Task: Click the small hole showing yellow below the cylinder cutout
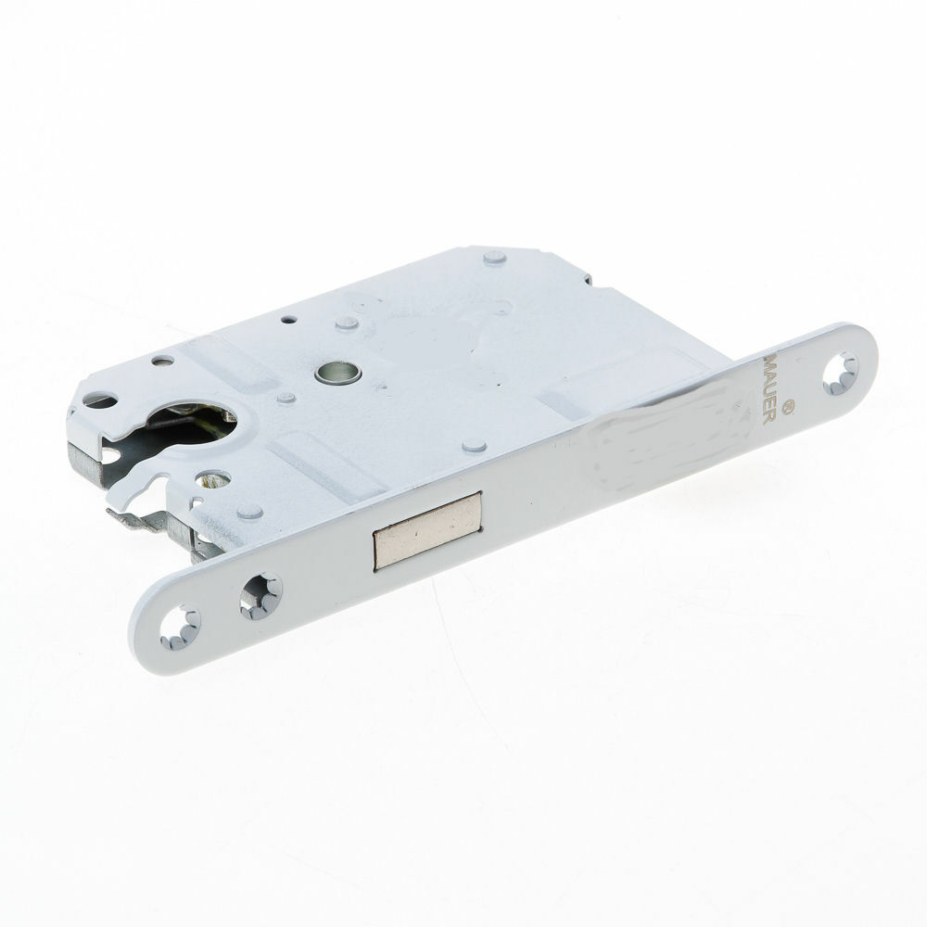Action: tap(215, 481)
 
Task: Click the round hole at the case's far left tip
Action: tap(101, 401)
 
